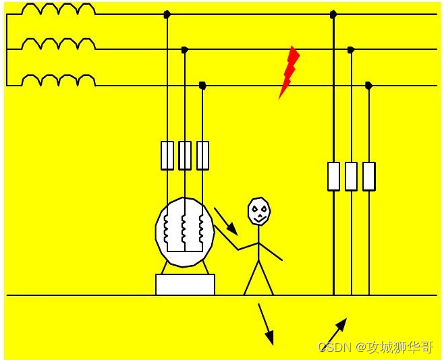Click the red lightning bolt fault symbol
point(289,71)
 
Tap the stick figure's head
point(258,211)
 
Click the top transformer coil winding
point(58,9)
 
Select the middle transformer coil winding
point(58,44)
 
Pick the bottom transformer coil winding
point(58,81)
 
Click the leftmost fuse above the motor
point(167,155)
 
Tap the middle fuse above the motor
point(185,155)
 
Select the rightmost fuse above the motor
point(202,155)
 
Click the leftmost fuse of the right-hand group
point(333,176)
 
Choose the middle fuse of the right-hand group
point(351,176)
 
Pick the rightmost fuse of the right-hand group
point(368,176)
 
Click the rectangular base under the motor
point(185,284)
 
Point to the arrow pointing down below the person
point(266,324)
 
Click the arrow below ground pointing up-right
point(336,331)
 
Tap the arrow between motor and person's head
point(226,220)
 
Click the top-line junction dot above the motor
point(167,13)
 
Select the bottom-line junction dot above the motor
point(202,85)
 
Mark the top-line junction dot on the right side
point(333,13)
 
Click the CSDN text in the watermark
point(333,347)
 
